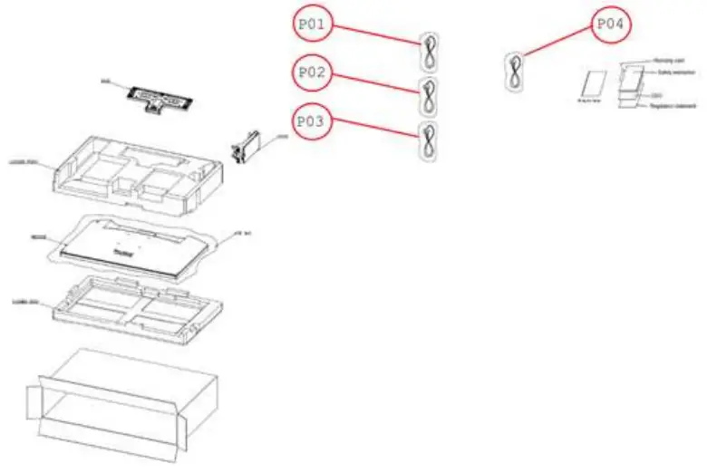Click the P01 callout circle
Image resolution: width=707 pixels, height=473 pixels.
click(x=313, y=24)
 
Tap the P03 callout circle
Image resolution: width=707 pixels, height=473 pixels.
click(x=313, y=121)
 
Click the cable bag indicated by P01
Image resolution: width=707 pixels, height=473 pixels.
click(x=429, y=53)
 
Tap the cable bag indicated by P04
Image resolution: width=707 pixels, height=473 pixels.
click(x=515, y=72)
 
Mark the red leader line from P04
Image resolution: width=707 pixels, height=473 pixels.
click(x=558, y=42)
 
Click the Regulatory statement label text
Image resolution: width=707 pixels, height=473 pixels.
click(x=672, y=107)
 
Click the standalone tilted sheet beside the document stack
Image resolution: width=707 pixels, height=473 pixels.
click(x=591, y=84)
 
